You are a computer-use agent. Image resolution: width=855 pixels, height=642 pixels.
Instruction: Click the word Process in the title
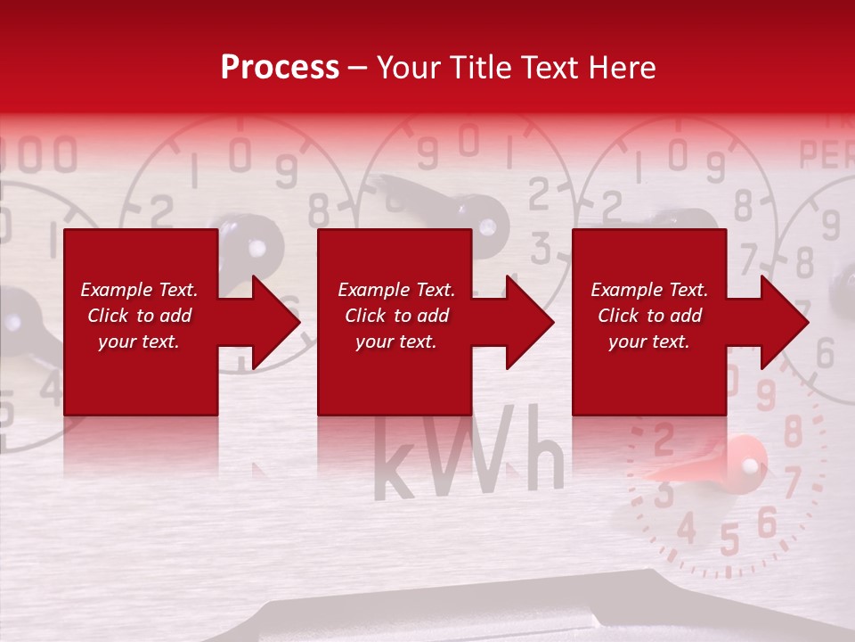pyautogui.click(x=280, y=68)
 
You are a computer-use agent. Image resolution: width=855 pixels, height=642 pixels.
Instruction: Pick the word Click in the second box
pyautogui.click(x=364, y=316)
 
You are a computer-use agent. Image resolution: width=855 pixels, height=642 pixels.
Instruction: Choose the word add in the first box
pyautogui.click(x=175, y=316)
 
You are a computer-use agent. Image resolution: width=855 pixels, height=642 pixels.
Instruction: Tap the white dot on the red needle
pyautogui.click(x=749, y=465)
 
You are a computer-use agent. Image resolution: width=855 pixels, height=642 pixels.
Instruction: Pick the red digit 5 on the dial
pyautogui.click(x=729, y=539)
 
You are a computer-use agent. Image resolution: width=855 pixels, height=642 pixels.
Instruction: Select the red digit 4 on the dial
pyautogui.click(x=686, y=528)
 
